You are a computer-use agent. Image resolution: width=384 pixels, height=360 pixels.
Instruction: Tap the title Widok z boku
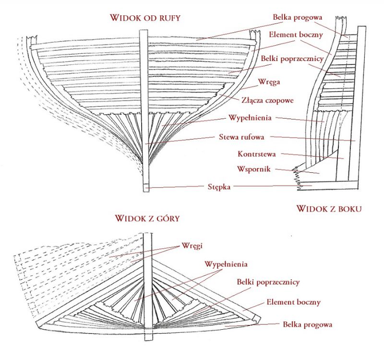tap(329, 209)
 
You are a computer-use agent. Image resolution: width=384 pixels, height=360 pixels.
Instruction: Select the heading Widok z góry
tap(147, 218)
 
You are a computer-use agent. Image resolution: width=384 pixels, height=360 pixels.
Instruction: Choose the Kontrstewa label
tap(257, 154)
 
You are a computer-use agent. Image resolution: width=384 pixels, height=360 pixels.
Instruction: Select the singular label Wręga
tap(269, 82)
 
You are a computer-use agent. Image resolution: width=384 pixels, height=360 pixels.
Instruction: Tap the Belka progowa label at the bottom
tap(308, 324)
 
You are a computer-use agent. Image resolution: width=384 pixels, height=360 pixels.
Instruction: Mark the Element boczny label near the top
tap(296, 35)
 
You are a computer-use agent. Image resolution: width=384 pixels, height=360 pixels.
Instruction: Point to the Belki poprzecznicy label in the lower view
tap(268, 282)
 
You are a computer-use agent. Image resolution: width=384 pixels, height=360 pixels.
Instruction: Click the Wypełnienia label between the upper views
tap(250, 117)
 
